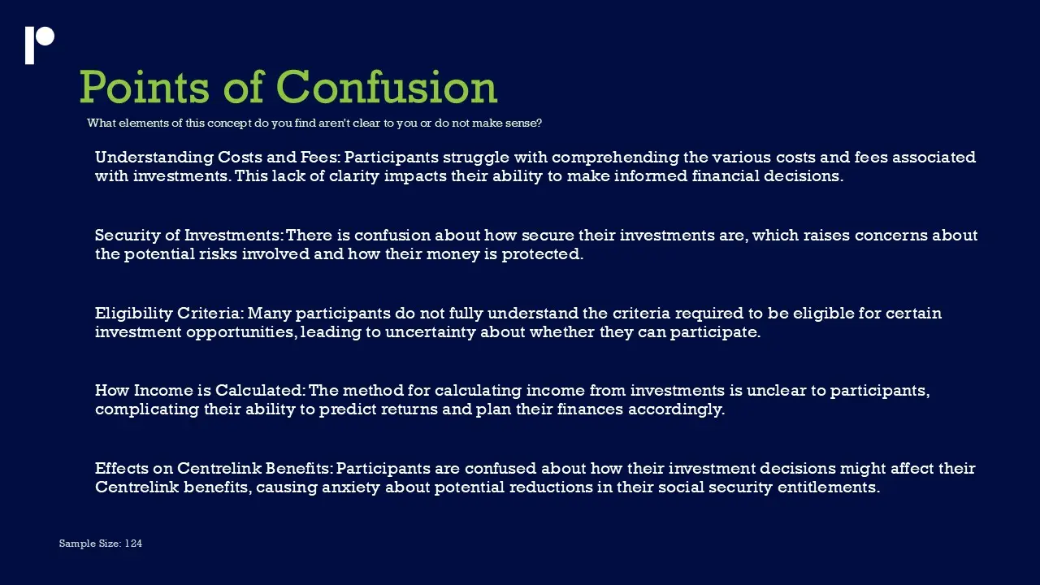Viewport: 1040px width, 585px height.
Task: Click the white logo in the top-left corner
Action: pos(40,45)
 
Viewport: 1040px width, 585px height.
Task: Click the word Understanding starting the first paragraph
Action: pos(154,158)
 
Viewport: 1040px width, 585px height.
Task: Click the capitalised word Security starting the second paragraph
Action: pos(128,236)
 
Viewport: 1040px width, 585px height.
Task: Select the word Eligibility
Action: pos(134,314)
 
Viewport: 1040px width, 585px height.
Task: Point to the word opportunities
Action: pos(241,333)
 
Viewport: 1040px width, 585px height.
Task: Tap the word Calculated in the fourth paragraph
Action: pos(261,391)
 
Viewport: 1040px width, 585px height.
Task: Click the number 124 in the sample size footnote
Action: pos(133,544)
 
